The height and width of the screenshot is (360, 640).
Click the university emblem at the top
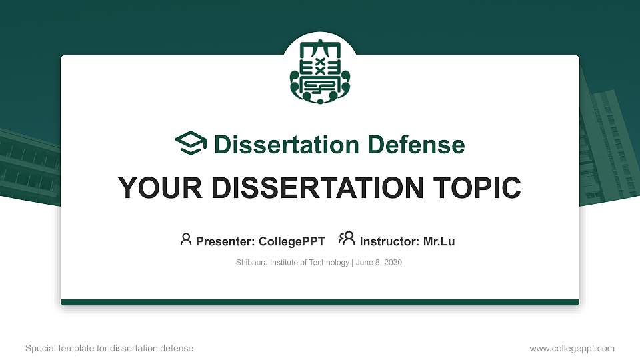[x=320, y=73]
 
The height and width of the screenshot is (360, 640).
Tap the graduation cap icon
[x=191, y=144]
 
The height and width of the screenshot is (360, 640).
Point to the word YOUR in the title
[x=156, y=188]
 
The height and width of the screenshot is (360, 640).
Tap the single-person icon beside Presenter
[x=186, y=239]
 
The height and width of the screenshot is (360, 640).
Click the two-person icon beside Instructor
[x=347, y=239]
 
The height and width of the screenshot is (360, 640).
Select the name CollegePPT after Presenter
[x=291, y=241]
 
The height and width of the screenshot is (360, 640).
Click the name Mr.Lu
[x=439, y=241]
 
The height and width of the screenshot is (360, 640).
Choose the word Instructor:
[x=389, y=241]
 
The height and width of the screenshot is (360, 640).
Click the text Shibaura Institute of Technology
[x=292, y=263]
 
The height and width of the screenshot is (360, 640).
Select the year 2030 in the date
[x=393, y=263]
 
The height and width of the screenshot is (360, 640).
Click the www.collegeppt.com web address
[x=572, y=348]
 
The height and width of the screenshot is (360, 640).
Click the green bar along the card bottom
[x=320, y=302]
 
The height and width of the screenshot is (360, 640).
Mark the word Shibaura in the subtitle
[x=251, y=263]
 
